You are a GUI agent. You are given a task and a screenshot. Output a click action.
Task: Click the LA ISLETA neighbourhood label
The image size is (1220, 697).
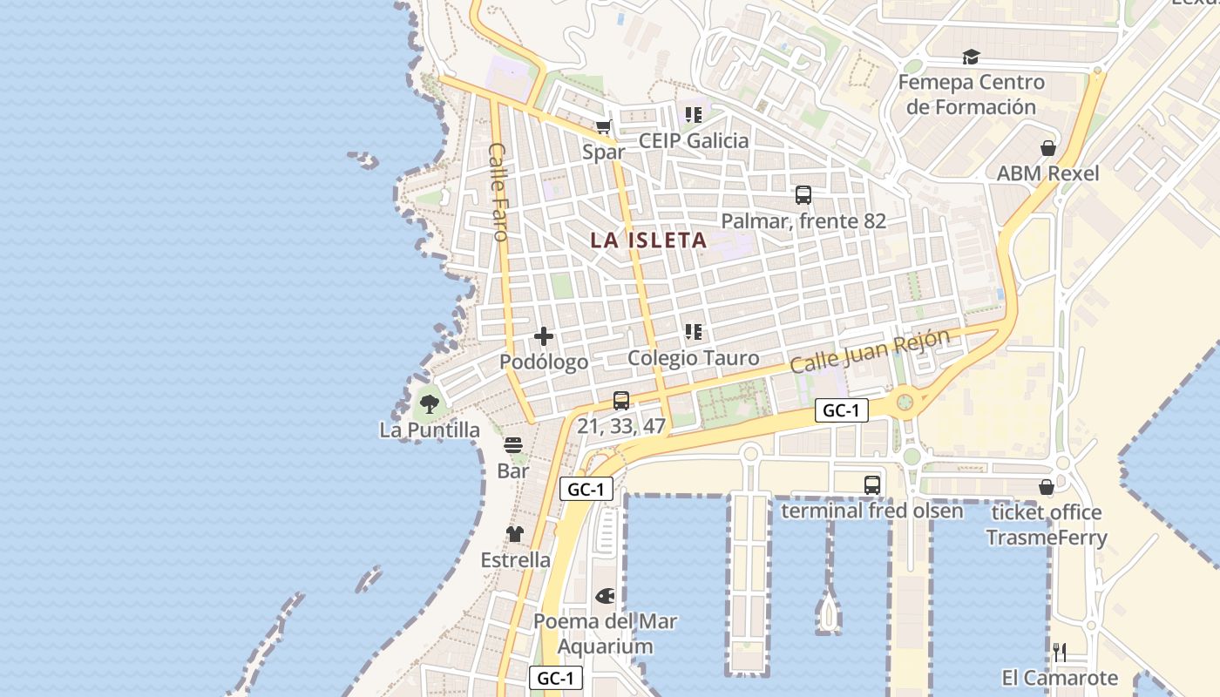(x=648, y=240)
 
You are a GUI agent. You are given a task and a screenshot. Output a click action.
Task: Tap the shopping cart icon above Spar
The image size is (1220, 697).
(x=603, y=127)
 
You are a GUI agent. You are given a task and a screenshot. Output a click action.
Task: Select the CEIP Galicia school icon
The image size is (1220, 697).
(x=694, y=115)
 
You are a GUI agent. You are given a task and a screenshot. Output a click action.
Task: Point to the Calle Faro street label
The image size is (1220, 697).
(x=498, y=192)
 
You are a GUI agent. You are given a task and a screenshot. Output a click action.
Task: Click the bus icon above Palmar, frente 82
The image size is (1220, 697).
(x=803, y=195)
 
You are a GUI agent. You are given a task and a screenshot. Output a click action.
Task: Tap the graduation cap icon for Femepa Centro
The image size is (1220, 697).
(x=971, y=58)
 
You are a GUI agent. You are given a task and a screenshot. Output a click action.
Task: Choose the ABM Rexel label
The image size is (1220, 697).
(x=1047, y=173)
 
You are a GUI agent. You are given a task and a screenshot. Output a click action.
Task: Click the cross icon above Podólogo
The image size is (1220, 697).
(x=544, y=336)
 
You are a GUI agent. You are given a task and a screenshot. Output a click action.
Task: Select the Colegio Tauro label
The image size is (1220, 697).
(x=694, y=358)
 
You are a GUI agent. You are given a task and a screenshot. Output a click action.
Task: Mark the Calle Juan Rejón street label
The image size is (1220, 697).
(x=869, y=351)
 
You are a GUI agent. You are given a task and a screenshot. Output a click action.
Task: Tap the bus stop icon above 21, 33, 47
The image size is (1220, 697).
(x=621, y=401)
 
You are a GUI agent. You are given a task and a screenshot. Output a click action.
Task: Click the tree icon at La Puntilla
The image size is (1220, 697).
(x=429, y=403)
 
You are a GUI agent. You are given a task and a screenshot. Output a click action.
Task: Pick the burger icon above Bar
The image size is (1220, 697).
(x=513, y=445)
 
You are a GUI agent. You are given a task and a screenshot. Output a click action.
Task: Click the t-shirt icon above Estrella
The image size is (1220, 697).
(x=515, y=534)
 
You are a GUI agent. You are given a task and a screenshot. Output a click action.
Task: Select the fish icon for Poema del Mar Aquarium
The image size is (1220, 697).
(x=605, y=596)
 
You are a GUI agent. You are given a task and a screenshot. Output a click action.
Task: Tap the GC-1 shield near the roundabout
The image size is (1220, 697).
(x=841, y=411)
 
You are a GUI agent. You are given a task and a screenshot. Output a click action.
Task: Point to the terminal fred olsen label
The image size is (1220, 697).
(x=872, y=511)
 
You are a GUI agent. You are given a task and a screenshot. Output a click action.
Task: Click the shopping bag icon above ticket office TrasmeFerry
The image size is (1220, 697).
(x=1047, y=487)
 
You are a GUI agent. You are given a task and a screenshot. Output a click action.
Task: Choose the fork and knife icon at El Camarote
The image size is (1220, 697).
(x=1060, y=652)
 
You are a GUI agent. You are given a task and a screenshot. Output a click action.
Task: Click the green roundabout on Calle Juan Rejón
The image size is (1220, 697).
(x=905, y=402)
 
